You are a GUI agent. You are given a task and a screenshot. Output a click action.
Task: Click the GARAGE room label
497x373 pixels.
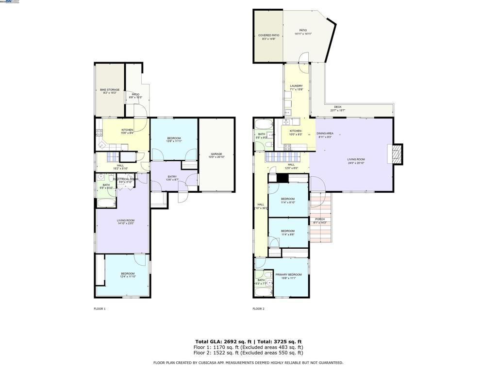pos(216,154)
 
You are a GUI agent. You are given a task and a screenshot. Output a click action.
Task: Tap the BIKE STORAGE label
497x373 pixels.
pos(110,90)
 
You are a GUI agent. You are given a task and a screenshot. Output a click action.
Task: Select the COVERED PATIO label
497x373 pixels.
pos(268,35)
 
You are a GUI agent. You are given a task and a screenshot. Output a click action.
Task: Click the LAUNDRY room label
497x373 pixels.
pos(296,86)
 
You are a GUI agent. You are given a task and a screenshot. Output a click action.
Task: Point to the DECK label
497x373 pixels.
pos(337,107)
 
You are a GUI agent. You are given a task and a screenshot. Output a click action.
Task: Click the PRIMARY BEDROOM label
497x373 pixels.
pos(288,275)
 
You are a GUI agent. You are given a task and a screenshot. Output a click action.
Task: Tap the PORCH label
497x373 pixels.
pos(320,219)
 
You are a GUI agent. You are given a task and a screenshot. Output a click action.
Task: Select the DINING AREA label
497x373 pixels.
pos(325,133)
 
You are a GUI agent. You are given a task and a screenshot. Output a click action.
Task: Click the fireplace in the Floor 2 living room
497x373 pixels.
pos(397,154)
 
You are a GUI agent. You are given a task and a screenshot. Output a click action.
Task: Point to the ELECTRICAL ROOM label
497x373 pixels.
pos(125,179)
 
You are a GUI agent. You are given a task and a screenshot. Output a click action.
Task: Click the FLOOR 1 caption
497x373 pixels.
pos(99,309)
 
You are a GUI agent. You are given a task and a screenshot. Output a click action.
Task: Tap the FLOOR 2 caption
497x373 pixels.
pos(258,309)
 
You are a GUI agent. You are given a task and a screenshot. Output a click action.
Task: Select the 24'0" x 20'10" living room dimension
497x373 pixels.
pos(356,163)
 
